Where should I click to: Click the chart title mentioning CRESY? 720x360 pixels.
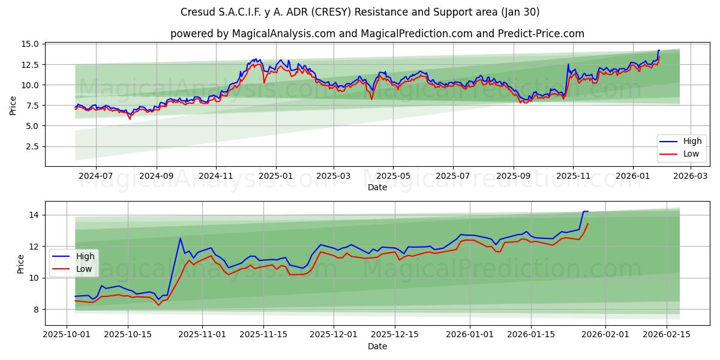coord(360,12)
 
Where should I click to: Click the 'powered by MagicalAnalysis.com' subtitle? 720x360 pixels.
coord(377,34)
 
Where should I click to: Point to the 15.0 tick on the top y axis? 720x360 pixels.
coord(31,44)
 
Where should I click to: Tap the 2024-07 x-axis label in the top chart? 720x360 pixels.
coord(96,176)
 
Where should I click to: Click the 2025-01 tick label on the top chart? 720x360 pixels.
coord(275,176)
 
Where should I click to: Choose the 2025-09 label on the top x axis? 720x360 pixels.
coord(513,176)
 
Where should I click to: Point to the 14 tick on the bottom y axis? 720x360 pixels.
coord(35,215)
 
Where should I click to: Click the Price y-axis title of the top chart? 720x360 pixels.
coord(13,105)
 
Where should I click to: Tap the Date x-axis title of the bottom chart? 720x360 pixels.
coord(377,347)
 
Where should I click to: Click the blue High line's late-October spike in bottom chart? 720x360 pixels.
coord(180,238)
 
